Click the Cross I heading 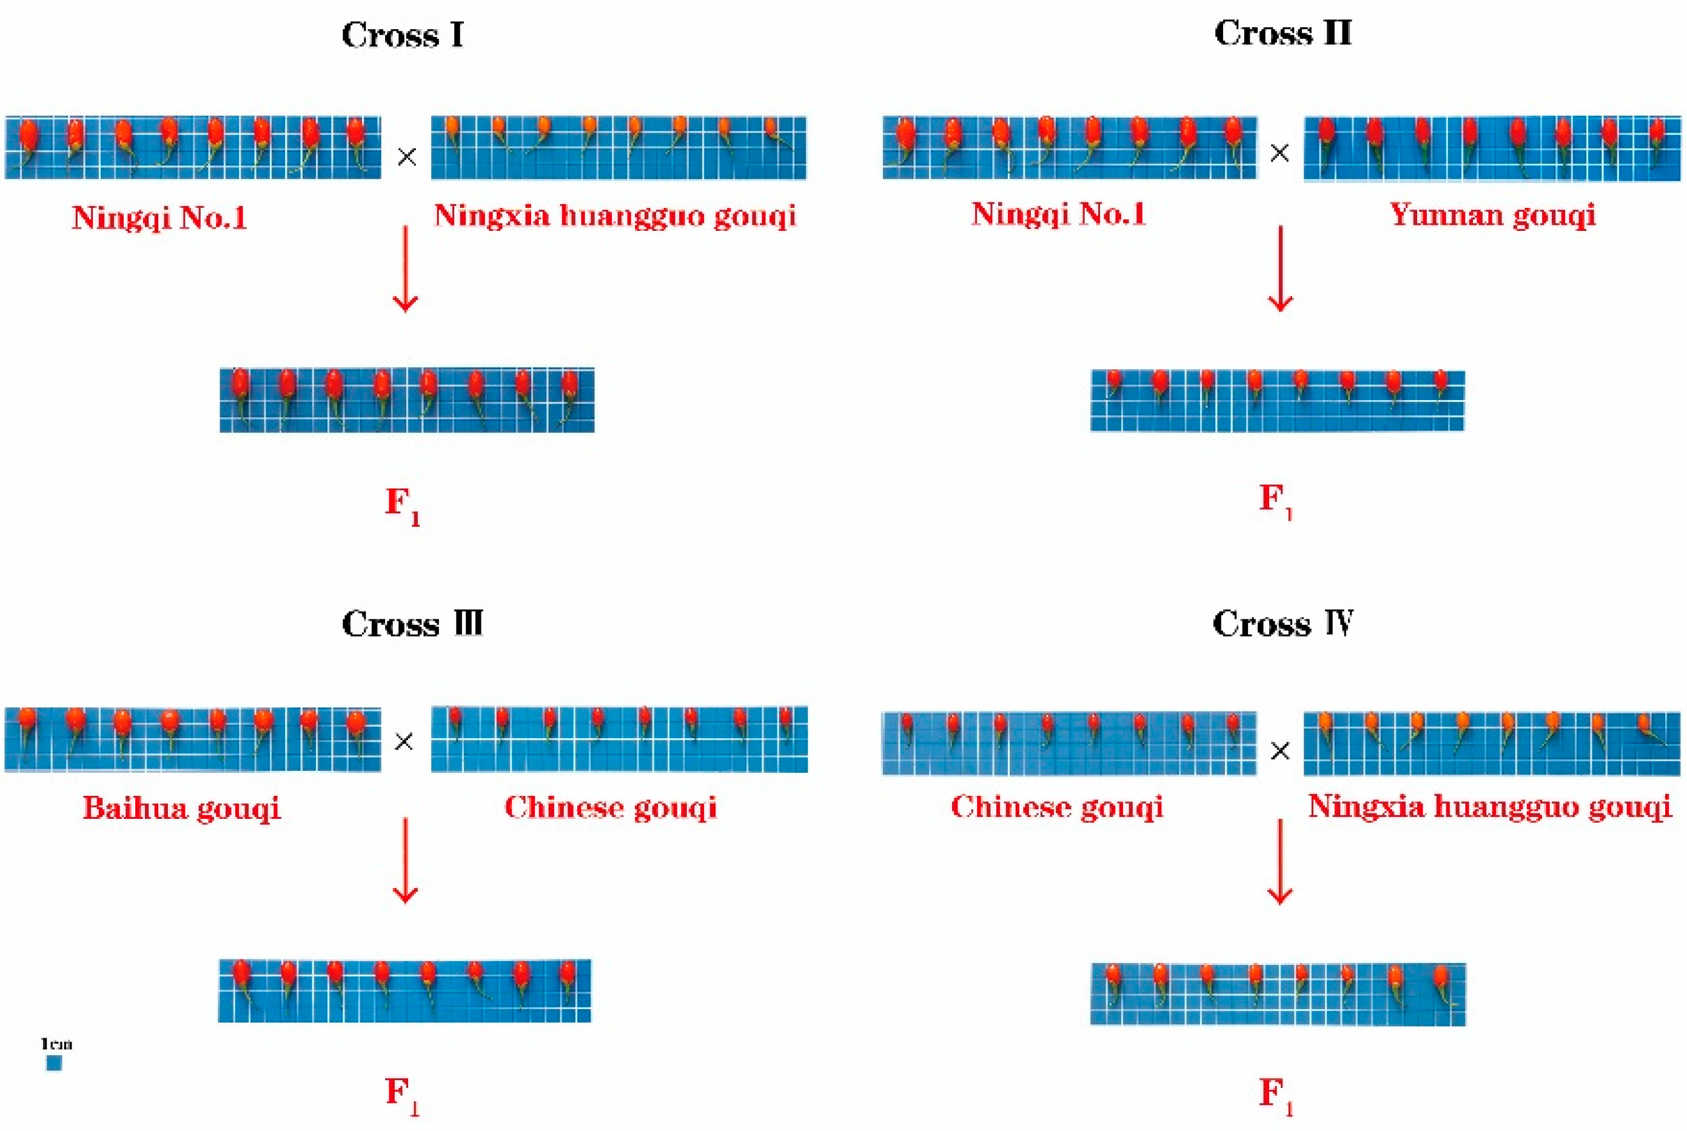click(x=402, y=35)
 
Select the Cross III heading click(x=411, y=624)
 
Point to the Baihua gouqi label click(x=181, y=808)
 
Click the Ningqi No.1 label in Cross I click(x=159, y=217)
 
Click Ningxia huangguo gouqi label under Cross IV click(x=1489, y=806)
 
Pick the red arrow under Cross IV click(x=1280, y=861)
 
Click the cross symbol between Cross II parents click(x=1280, y=153)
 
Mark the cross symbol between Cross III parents click(x=404, y=741)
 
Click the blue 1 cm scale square click(x=54, y=1063)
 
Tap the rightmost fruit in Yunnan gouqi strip click(x=1657, y=133)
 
